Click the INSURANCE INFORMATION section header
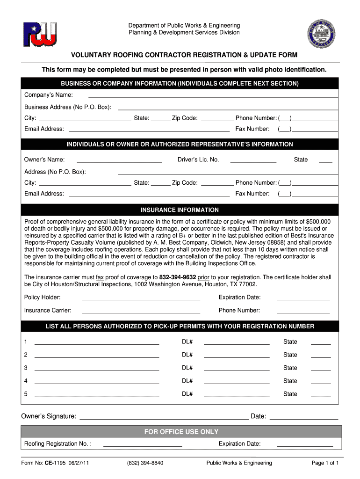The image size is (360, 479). coord(180,210)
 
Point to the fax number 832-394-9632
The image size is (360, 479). coord(177,277)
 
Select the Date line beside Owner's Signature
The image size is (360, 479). coord(303,417)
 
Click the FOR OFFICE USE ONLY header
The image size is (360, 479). coord(181,432)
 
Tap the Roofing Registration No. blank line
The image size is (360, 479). coord(142,444)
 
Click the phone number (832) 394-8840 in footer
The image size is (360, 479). coord(145,463)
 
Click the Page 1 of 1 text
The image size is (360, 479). coord(325,463)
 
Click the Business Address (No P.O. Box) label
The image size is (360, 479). coord(68,107)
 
